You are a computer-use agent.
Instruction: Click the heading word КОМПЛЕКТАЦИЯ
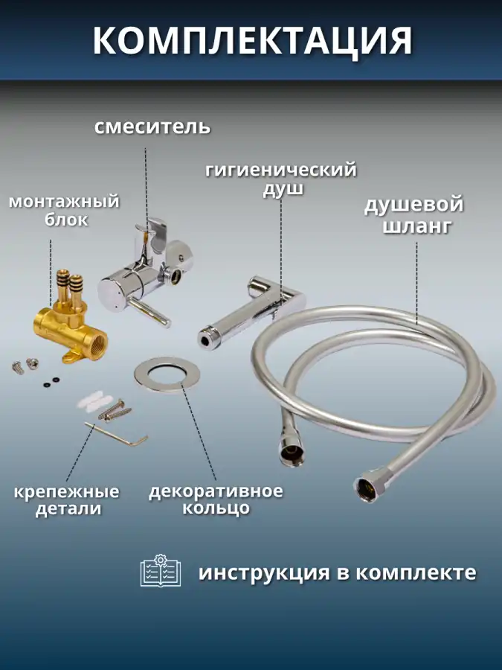pyautogui.click(x=252, y=41)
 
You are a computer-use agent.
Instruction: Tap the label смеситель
pyautogui.click(x=152, y=127)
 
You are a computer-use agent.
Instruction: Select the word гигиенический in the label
pyautogui.click(x=281, y=170)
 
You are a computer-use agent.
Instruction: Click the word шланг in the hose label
pyautogui.click(x=416, y=226)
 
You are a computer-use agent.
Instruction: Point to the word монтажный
pyautogui.click(x=64, y=201)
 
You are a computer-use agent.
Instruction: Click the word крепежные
pyautogui.click(x=67, y=492)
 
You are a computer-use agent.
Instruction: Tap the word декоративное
pyautogui.click(x=216, y=491)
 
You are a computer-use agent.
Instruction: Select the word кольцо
pyautogui.click(x=216, y=508)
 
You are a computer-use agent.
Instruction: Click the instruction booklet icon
pyautogui.click(x=161, y=570)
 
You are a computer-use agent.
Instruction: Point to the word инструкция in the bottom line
pyautogui.click(x=264, y=573)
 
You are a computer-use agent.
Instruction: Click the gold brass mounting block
pyautogui.click(x=69, y=319)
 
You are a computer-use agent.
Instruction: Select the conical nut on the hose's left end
pyautogui.click(x=292, y=450)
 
